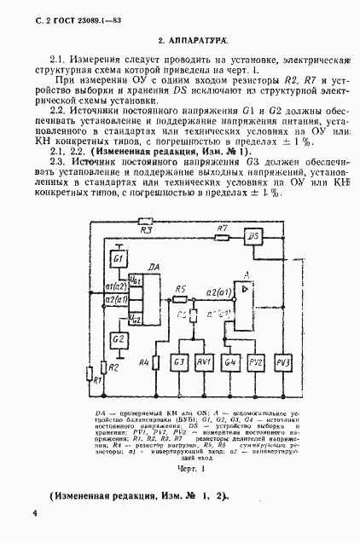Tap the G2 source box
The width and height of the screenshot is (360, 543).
pyautogui.click(x=119, y=339)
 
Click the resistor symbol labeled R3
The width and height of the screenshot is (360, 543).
pyautogui.click(x=146, y=221)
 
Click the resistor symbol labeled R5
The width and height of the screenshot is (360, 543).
pyautogui.click(x=179, y=297)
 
